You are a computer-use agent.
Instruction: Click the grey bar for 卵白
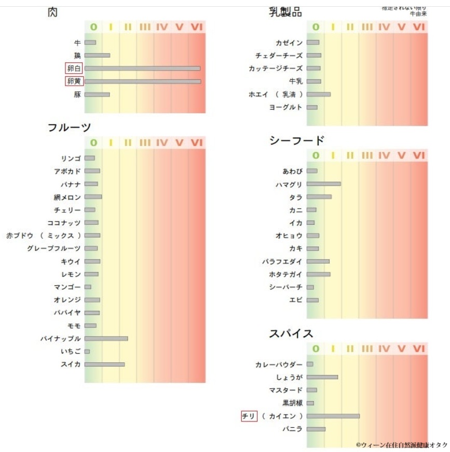click(x=142, y=68)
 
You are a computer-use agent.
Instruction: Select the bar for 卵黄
click(x=143, y=81)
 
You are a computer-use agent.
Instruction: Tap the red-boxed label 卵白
click(x=74, y=68)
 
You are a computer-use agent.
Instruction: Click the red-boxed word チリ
click(x=249, y=416)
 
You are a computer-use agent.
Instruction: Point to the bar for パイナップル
click(x=106, y=338)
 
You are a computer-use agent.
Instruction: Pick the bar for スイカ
click(x=104, y=364)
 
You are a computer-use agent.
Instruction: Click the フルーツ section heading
click(x=69, y=128)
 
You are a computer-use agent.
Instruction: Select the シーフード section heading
click(x=297, y=140)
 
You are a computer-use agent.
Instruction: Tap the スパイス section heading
click(x=291, y=334)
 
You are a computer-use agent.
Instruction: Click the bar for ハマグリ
click(x=323, y=184)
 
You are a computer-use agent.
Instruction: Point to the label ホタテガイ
click(x=285, y=274)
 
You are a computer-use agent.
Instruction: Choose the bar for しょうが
click(x=322, y=377)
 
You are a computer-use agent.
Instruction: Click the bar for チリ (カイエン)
click(x=333, y=416)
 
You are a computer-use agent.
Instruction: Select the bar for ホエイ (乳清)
click(x=318, y=94)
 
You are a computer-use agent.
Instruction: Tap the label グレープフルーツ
click(x=54, y=249)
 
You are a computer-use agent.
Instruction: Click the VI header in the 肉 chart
click(x=197, y=27)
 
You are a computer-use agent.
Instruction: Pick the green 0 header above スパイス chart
click(x=316, y=349)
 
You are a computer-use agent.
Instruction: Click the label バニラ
click(x=292, y=429)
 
